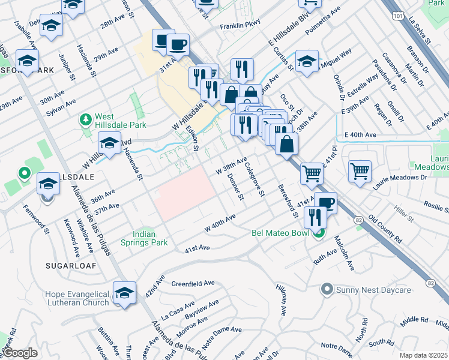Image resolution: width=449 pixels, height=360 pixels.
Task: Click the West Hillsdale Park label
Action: pyautogui.click(x=112, y=121)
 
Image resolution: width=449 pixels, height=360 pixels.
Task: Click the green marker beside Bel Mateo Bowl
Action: pyautogui.click(x=319, y=233)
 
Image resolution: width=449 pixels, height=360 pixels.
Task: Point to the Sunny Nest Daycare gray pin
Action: pyautogui.click(x=327, y=290)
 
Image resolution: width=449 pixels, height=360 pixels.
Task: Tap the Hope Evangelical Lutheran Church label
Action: pyautogui.click(x=78, y=299)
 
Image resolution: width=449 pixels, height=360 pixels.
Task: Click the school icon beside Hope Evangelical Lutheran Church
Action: pyautogui.click(x=124, y=293)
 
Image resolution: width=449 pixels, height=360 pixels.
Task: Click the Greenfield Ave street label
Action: pyautogui.click(x=193, y=283)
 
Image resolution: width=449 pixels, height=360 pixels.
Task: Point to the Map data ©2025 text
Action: pyautogui.click(x=423, y=355)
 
